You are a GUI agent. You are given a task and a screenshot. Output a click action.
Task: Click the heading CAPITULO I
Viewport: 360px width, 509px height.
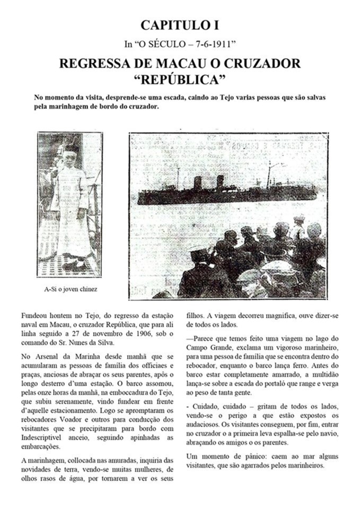point(180,25)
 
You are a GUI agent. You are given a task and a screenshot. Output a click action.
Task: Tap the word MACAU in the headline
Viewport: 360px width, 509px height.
point(154,64)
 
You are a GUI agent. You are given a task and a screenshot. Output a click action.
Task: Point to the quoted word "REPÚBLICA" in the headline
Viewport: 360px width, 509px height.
point(180,80)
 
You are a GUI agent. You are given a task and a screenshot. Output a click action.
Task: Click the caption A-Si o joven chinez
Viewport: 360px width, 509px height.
point(71,289)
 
